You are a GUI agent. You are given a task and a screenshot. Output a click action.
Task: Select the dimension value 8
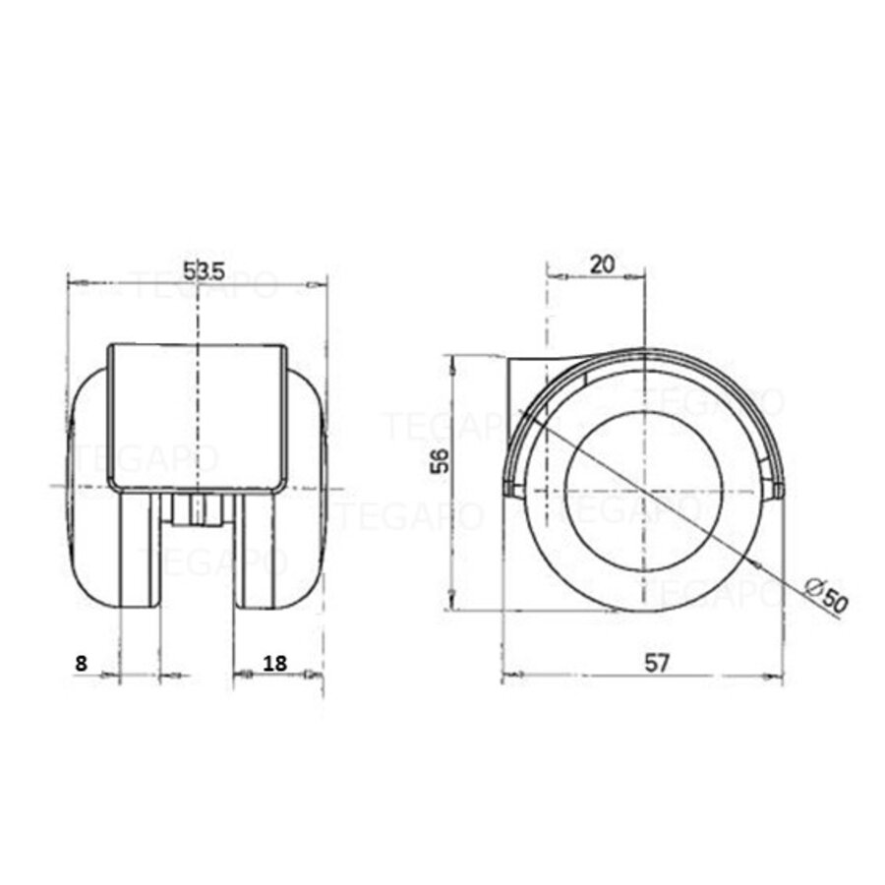pyautogui.click(x=81, y=663)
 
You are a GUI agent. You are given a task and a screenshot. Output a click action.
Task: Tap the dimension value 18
pyautogui.click(x=275, y=663)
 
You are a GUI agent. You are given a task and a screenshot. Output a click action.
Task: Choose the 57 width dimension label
pyautogui.click(x=657, y=663)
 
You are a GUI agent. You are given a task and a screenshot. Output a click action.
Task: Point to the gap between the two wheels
pyautogui.click(x=198, y=570)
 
